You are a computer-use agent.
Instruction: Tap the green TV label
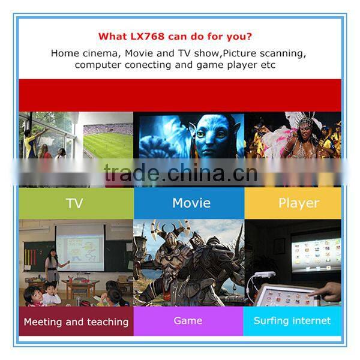(x=74, y=203)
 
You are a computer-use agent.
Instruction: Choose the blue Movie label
(x=191, y=203)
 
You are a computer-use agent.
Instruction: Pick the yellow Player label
(x=298, y=203)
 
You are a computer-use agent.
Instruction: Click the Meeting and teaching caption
(x=76, y=322)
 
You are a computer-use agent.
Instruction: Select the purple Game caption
(x=188, y=321)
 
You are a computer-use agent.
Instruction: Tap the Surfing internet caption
(x=292, y=321)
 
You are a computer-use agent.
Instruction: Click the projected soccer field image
(x=108, y=141)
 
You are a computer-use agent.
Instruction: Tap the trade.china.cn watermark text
(x=180, y=173)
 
